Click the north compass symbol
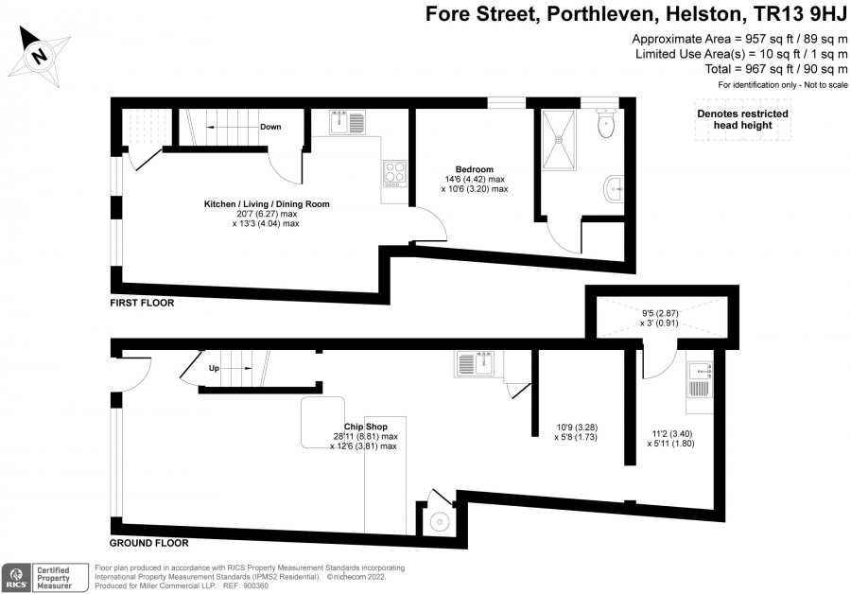[39, 56]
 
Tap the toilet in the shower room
[605, 123]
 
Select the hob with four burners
[394, 174]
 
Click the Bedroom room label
[475, 169]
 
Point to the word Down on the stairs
[270, 127]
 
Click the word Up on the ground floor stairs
[214, 368]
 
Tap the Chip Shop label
[366, 427]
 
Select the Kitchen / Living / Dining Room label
[267, 204]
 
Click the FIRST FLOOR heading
[142, 303]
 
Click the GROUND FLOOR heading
[149, 543]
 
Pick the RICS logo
[16, 578]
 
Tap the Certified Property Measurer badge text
[54, 578]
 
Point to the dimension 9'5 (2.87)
[660, 313]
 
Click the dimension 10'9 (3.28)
[577, 428]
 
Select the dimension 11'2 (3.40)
[672, 434]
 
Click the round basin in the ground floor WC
[439, 522]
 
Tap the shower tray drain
[557, 139]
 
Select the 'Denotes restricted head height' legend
[742, 119]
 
